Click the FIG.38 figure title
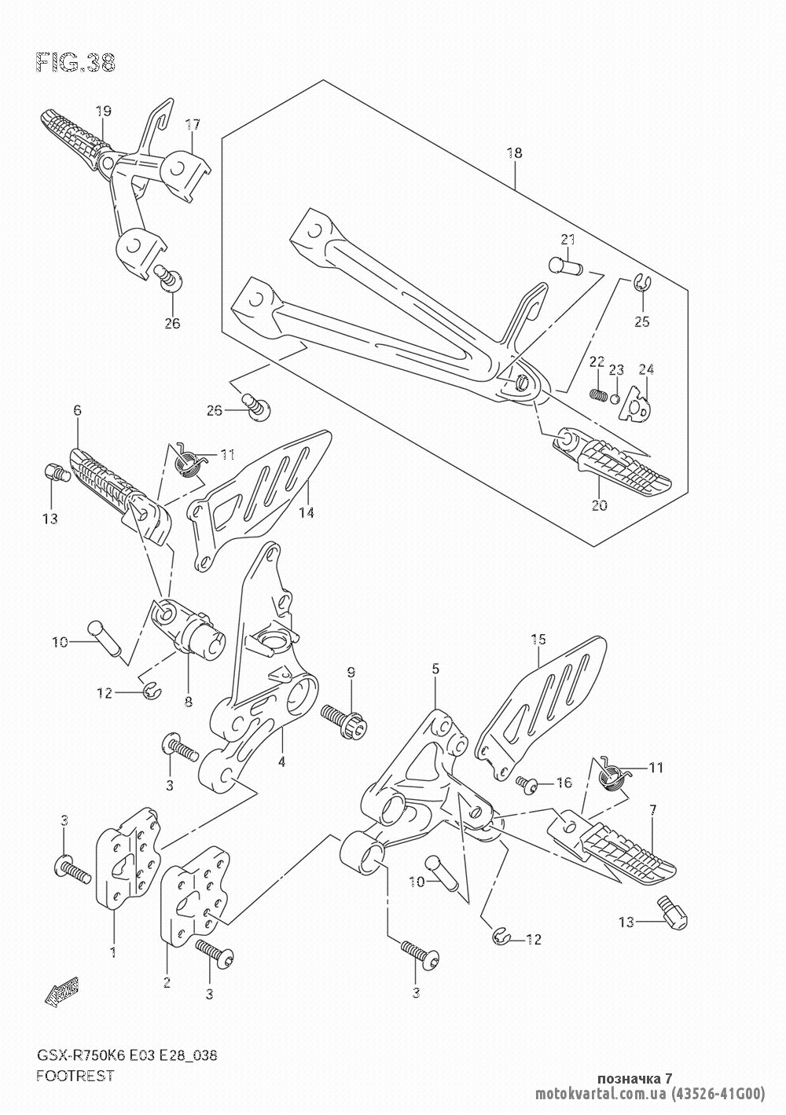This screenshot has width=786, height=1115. (x=75, y=63)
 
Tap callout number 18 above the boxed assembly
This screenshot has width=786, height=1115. (x=515, y=152)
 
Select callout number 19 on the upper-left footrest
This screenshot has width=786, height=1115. (x=104, y=111)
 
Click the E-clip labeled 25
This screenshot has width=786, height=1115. (x=641, y=282)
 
